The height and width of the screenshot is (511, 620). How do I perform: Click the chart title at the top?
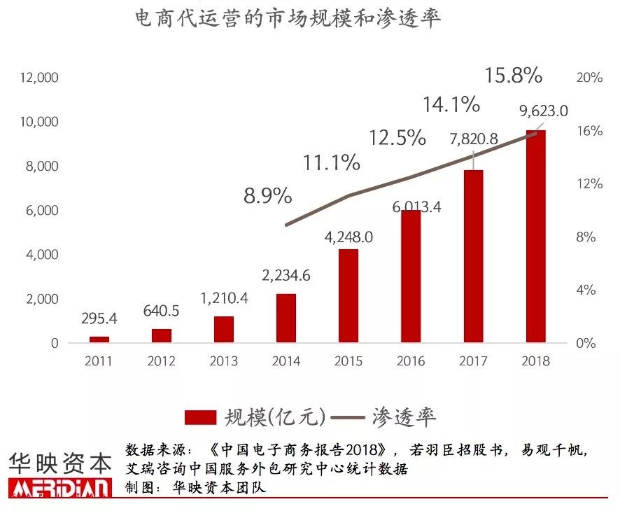pos(288,19)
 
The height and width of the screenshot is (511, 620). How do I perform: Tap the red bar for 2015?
pos(348,296)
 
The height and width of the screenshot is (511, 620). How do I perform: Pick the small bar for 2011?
pos(99,339)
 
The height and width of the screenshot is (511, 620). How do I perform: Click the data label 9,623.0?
pos(543,110)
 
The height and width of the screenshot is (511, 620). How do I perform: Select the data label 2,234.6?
pos(286,275)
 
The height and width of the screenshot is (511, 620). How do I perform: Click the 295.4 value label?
pos(99,318)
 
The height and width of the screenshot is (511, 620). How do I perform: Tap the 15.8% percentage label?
pos(514,76)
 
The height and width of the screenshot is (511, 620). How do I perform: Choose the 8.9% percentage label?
pos(267,196)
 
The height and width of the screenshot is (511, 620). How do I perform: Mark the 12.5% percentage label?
pos(397,137)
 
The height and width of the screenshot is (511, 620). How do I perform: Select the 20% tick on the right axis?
pos(589,78)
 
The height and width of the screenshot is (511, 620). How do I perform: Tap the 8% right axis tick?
pos(586,237)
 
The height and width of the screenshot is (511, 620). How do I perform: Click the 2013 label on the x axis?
pos(224,361)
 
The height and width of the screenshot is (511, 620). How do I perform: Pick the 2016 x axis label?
pos(411,361)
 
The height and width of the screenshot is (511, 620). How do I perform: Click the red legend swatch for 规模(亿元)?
pos(201,417)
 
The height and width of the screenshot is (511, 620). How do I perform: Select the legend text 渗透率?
pos(405,417)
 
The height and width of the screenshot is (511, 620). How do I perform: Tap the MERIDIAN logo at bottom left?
pos(59,488)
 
